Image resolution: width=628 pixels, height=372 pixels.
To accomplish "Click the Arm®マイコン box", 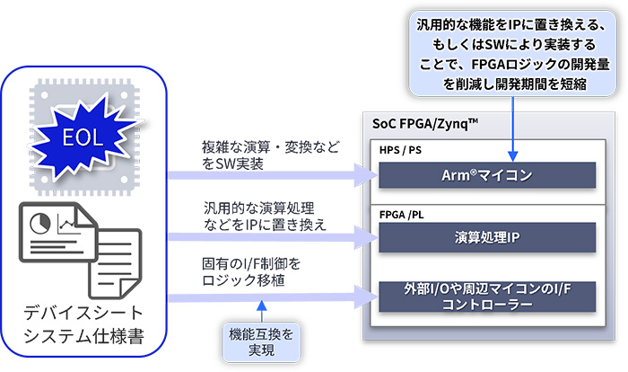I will point(488,174).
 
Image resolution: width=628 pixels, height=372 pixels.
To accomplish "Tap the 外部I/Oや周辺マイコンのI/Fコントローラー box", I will point(488,297).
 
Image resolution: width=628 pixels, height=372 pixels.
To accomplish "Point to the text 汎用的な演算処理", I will point(259,208).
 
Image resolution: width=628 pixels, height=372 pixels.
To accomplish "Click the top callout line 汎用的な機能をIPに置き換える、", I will point(512,23).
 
